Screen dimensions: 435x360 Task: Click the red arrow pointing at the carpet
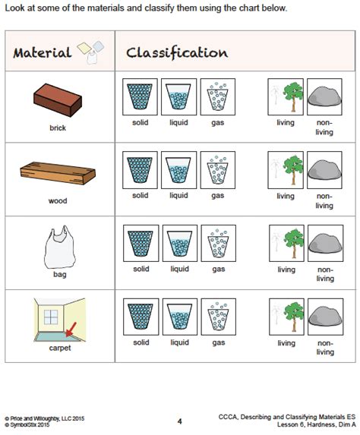[74, 326]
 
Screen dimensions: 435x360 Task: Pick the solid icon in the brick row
[140, 97]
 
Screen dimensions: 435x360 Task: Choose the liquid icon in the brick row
[179, 97]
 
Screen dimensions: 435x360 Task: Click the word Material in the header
[42, 53]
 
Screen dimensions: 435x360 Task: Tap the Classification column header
[176, 53]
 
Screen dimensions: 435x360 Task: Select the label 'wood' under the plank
[58, 200]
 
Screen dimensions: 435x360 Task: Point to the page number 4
[180, 421]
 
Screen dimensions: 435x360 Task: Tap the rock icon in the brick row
[324, 97]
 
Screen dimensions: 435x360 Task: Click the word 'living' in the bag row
[286, 269]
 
